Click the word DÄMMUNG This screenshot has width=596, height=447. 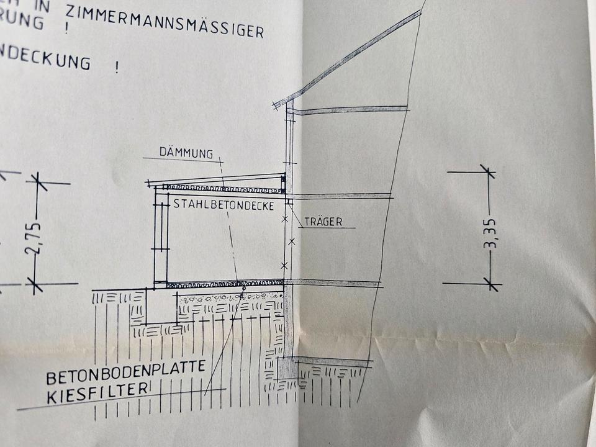(186, 153)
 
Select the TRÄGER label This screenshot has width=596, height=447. (323, 222)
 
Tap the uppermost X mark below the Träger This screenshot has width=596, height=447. (286, 219)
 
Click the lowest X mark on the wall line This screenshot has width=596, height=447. (284, 266)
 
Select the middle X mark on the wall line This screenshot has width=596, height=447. (292, 240)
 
